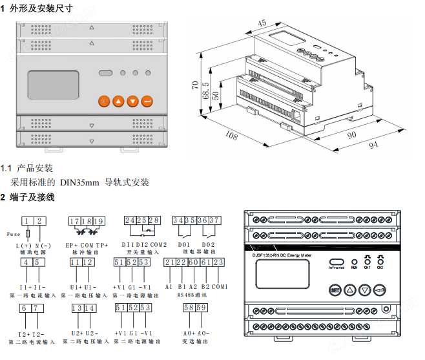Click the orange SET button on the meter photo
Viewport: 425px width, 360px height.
click(104, 101)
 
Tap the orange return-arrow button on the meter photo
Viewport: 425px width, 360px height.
click(147, 101)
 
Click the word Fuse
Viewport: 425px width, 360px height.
click(13, 234)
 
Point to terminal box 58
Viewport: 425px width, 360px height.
click(188, 308)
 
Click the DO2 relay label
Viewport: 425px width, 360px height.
click(208, 245)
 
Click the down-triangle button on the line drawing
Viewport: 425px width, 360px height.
click(364, 290)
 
